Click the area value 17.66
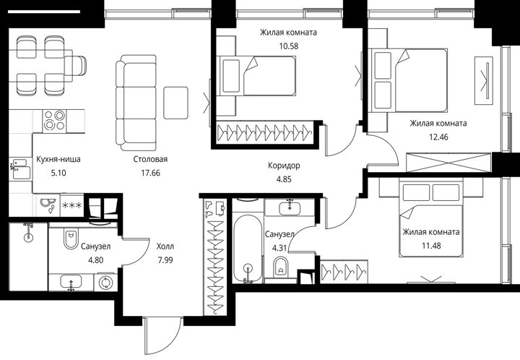click(x=150, y=173)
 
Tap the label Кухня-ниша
click(x=58, y=159)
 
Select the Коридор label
click(x=284, y=166)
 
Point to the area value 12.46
click(x=438, y=137)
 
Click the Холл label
click(x=165, y=247)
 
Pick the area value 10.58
click(x=288, y=46)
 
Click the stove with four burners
click(x=54, y=121)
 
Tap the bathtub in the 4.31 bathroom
click(x=248, y=248)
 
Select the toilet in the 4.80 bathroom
click(x=70, y=239)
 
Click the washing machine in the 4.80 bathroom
click(x=105, y=283)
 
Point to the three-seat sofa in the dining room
click(x=136, y=103)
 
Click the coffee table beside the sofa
click(x=175, y=103)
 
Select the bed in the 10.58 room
click(x=258, y=76)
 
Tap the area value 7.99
click(x=165, y=260)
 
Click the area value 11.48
click(x=431, y=246)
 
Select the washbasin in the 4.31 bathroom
click(x=290, y=207)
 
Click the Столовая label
click(x=150, y=159)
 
